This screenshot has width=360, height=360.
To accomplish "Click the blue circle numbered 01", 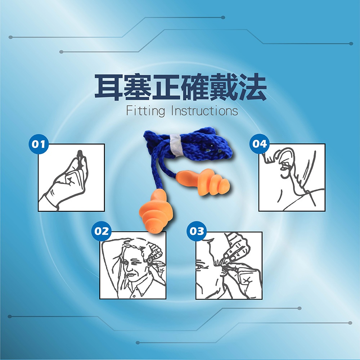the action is (39, 144).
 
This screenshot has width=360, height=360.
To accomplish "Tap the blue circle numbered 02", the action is (102, 231).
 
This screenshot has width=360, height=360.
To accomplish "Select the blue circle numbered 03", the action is (197, 231).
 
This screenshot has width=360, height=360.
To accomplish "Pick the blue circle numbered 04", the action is (260, 144).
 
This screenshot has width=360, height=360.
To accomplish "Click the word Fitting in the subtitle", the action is (145, 111).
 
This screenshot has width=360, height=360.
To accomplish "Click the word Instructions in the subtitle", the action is (204, 111).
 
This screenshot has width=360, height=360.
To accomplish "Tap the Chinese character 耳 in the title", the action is (109, 87).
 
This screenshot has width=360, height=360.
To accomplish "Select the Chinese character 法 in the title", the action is (253, 87).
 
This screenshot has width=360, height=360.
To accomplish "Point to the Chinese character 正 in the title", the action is (166, 87).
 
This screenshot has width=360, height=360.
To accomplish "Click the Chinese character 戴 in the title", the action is (224, 87).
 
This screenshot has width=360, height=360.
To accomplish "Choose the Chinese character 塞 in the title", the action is (138, 87).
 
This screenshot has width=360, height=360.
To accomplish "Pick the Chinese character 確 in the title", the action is (195, 87).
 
